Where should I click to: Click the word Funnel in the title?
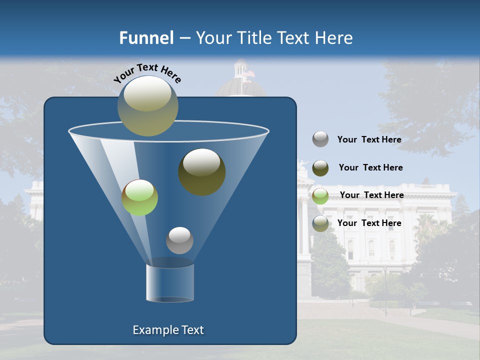tap(146, 38)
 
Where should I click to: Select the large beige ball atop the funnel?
tap(147, 105)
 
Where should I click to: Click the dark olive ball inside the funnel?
tap(201, 171)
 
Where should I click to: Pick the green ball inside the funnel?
tap(139, 197)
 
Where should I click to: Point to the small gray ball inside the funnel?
tap(179, 240)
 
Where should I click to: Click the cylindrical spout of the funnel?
tap(170, 282)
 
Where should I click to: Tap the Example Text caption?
tap(168, 330)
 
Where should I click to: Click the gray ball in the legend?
tap(320, 139)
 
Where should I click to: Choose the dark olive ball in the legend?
tap(320, 168)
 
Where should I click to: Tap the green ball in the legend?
tap(320, 195)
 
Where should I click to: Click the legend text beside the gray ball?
tap(369, 139)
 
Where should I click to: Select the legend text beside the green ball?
tap(371, 195)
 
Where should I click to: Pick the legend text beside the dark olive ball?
tap(370, 167)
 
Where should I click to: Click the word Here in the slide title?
tap(333, 38)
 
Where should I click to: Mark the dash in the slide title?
tap(184, 38)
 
